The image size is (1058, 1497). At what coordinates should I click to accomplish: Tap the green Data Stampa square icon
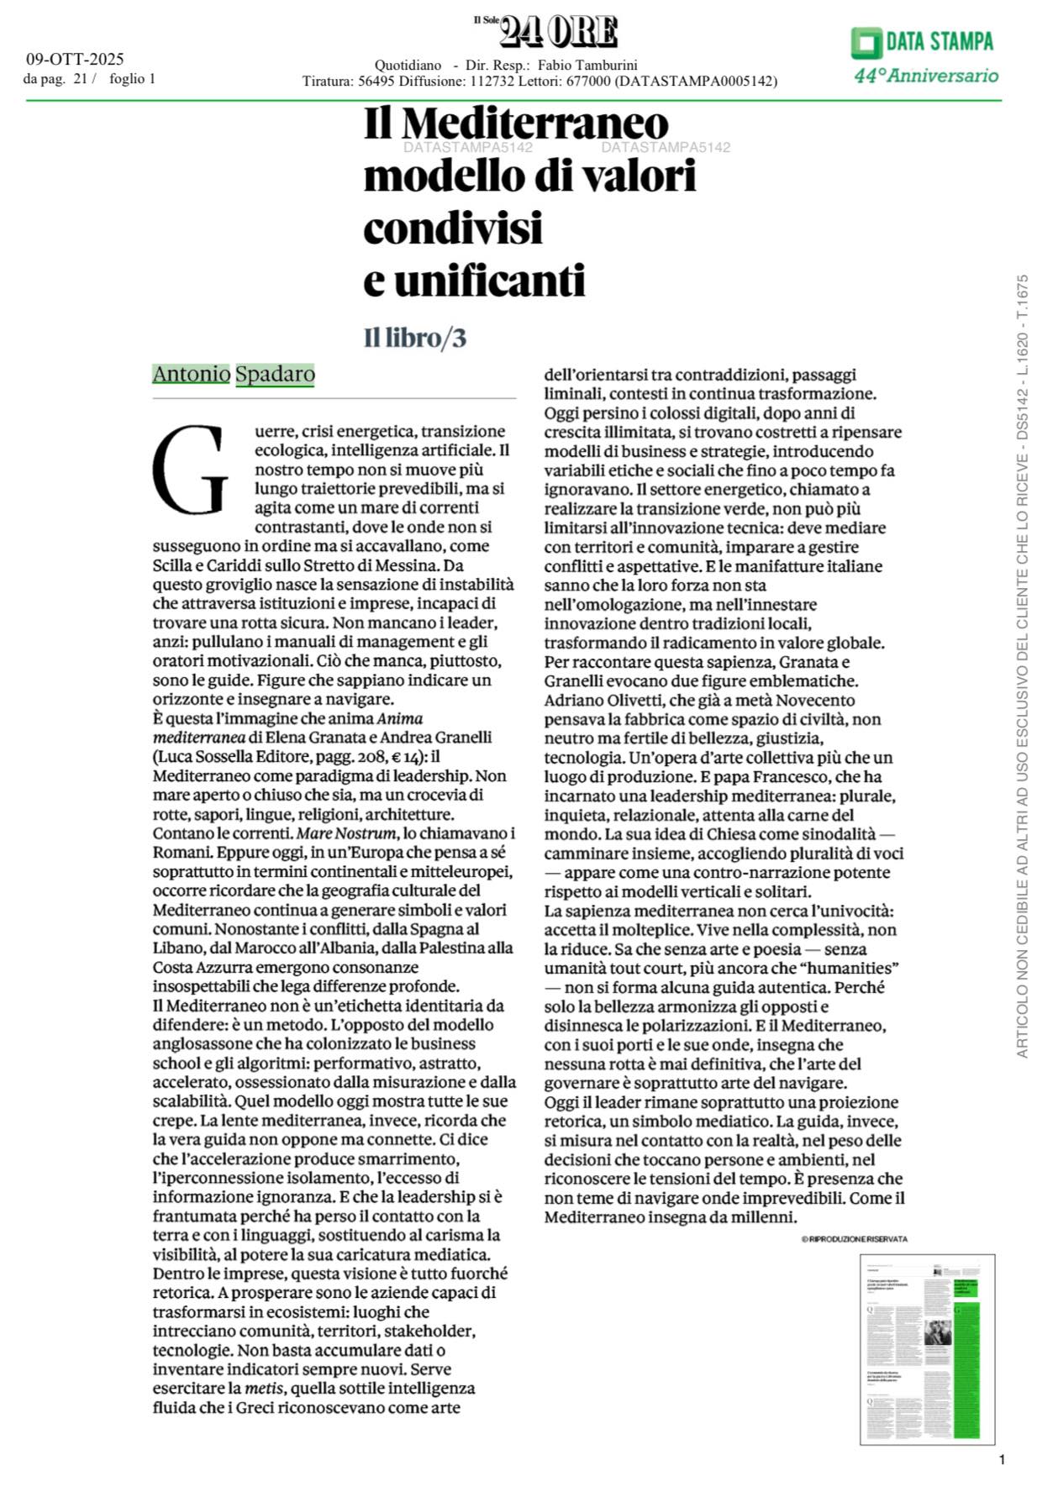(x=865, y=42)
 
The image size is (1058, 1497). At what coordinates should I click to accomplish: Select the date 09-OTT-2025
(x=75, y=59)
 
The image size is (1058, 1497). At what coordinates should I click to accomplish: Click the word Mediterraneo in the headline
(x=534, y=124)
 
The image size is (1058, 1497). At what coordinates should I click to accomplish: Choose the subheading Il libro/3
(x=414, y=338)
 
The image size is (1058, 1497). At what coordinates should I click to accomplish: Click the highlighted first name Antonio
(x=191, y=374)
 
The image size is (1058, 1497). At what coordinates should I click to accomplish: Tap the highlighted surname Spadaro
(x=275, y=374)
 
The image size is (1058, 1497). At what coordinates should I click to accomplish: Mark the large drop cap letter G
(x=190, y=471)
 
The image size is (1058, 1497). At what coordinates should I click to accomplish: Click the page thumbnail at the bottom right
(x=927, y=1349)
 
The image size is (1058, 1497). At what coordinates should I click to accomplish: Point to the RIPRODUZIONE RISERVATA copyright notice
(x=854, y=1239)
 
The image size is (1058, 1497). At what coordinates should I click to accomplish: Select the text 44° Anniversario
(x=926, y=76)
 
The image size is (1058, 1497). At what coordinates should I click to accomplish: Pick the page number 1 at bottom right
(x=1002, y=1459)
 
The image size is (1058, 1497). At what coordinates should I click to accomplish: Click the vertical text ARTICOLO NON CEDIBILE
(x=1022, y=924)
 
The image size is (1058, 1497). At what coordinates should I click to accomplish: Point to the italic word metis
(x=263, y=1388)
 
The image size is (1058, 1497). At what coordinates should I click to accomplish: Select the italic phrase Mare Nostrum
(x=345, y=833)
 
